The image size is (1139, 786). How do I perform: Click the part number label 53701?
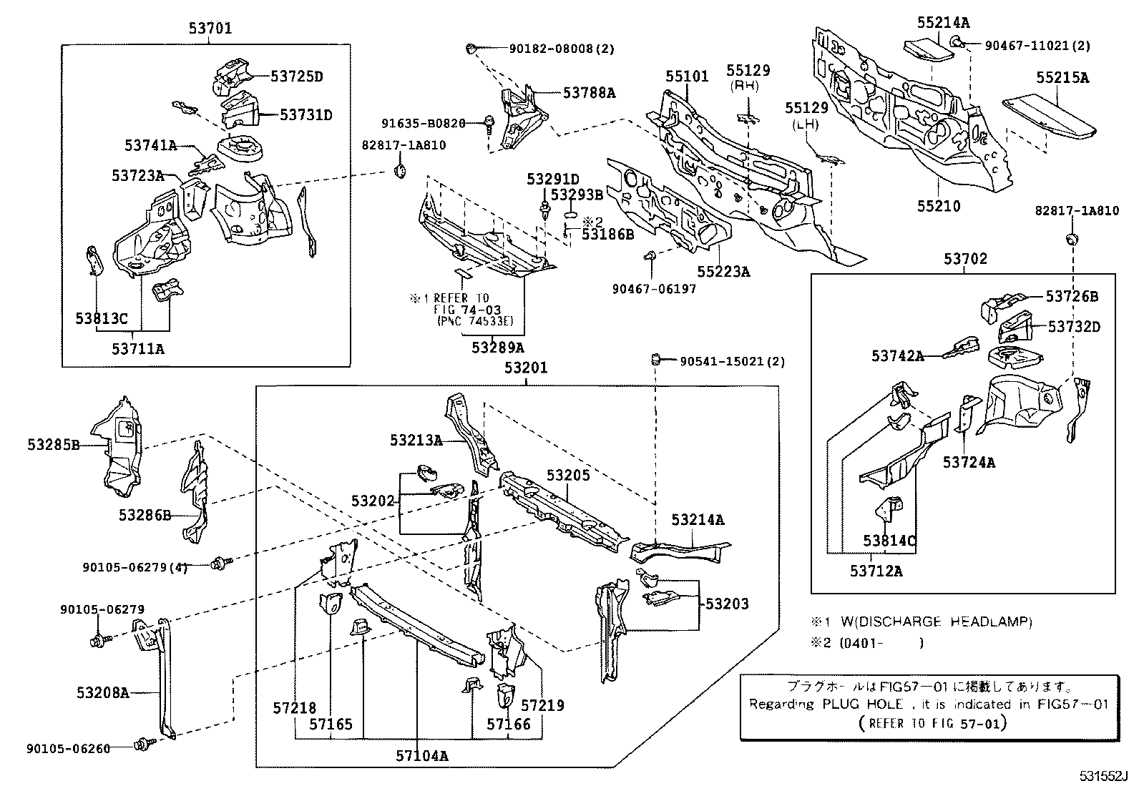coord(210,29)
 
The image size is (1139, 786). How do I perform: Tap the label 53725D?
coord(296,77)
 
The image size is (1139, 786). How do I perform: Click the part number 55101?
coord(686,76)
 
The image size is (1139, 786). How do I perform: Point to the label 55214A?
coord(943,22)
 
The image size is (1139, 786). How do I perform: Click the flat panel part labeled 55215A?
coord(1049,114)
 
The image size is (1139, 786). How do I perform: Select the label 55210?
coord(939,207)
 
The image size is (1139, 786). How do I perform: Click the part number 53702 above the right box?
coord(965,259)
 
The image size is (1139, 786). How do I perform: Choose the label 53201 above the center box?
coord(525,368)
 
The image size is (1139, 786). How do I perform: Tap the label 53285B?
coord(54,445)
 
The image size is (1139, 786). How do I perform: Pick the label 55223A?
coord(723,272)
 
